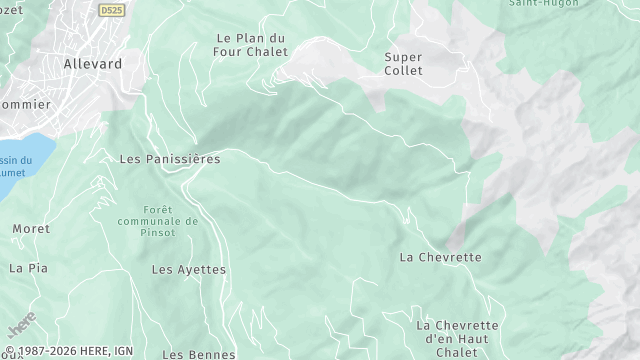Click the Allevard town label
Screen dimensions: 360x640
(x=92, y=63)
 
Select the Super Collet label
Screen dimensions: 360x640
(x=404, y=64)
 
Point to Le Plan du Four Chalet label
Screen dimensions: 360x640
(x=250, y=45)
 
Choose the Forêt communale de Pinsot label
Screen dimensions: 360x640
(x=159, y=220)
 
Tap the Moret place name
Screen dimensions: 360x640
(x=31, y=229)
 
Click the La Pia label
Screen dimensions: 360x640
(x=28, y=268)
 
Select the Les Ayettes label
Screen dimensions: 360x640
(x=189, y=270)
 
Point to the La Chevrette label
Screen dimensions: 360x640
(x=440, y=257)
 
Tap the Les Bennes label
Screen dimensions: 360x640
(x=199, y=354)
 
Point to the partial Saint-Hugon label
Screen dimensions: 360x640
(x=532, y=4)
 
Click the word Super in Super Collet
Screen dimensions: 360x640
(x=404, y=57)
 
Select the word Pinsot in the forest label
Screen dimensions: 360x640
(x=159, y=233)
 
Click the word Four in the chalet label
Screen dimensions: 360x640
(x=228, y=52)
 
